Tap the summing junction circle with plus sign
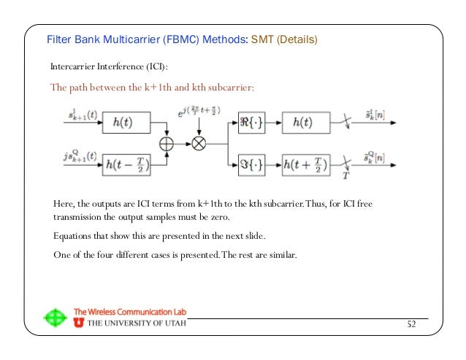click(x=167, y=143)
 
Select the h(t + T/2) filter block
click(x=305, y=165)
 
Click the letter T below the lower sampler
click(x=345, y=177)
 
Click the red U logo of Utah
click(x=79, y=323)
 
